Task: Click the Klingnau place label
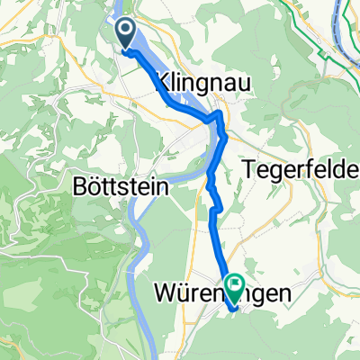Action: [204, 81]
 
